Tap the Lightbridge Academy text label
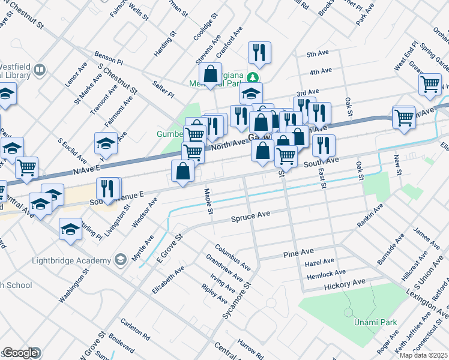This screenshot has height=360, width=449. click(x=73, y=260)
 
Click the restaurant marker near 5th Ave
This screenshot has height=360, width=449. click(x=259, y=52)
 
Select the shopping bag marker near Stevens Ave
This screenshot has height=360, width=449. click(x=211, y=75)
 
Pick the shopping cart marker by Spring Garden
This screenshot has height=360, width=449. click(x=430, y=86)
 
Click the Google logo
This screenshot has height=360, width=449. click(x=20, y=353)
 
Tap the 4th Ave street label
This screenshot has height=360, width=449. click(x=321, y=71)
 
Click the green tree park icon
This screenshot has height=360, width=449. click(x=253, y=77)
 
